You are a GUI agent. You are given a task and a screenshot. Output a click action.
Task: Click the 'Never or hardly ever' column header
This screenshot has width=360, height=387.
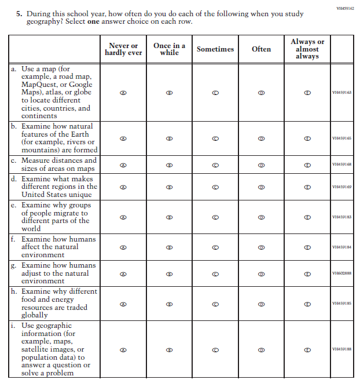coord(123,49)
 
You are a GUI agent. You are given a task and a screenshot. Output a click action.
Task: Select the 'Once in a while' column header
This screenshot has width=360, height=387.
coord(169,49)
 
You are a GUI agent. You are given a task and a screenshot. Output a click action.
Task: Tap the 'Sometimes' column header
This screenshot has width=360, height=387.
coord(215,49)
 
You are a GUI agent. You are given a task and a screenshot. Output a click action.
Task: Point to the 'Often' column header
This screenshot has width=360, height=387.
coord(261,49)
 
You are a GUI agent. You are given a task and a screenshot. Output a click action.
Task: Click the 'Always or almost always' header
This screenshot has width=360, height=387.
coord(307,49)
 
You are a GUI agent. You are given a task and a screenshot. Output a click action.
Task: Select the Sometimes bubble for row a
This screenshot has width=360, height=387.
coord(215,92)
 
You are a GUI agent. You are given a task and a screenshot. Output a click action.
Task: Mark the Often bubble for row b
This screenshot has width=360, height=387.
coord(261,138)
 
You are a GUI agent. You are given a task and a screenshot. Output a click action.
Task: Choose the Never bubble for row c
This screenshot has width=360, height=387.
coord(123,165)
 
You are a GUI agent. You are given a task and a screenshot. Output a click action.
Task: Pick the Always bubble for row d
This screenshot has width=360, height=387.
coord(307,187)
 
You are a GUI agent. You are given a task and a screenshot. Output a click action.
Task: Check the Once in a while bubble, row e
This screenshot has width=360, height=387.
coord(169,217)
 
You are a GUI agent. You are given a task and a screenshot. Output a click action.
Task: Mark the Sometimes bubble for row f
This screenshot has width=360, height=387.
coord(215,247)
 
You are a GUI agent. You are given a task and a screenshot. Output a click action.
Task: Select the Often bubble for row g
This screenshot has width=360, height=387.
coord(261,273)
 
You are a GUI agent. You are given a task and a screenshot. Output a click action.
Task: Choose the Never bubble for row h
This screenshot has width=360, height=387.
coord(123,304)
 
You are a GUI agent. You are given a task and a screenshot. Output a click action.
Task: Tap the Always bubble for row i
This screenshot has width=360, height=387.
coord(307,349)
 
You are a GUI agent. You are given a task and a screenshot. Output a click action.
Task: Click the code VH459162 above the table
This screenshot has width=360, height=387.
coord(345,9)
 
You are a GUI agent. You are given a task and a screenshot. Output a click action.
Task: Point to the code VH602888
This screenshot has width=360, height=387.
coord(341,273)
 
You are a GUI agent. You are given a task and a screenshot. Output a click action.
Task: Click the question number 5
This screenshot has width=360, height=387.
coord(19,13)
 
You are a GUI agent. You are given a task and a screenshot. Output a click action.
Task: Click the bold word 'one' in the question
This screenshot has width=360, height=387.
coord(95,21)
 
